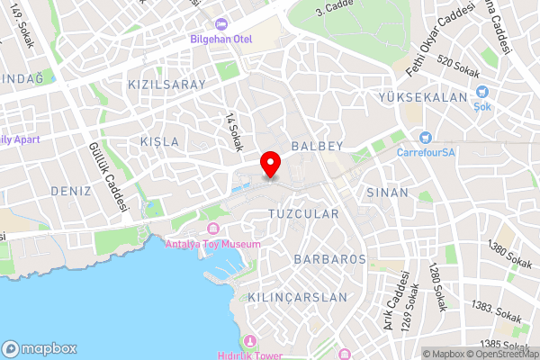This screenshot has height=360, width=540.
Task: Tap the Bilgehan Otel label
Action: pos(221,39)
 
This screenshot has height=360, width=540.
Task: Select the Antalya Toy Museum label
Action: pos(213,244)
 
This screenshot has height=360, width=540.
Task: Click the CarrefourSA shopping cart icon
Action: pos(425,137)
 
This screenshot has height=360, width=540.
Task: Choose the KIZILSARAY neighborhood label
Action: pos(167,84)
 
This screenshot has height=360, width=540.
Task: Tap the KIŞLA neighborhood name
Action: pos(160,141)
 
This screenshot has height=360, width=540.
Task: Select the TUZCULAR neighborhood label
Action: pos(303,214)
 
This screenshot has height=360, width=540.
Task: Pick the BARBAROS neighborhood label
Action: pos(329,258)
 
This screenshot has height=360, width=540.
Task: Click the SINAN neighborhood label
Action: pos(388,193)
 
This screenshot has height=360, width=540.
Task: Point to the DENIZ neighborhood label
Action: pos(71,191)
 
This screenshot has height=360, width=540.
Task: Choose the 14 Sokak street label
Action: pos(235,131)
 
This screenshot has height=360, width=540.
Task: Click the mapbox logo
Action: pos(40,348)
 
